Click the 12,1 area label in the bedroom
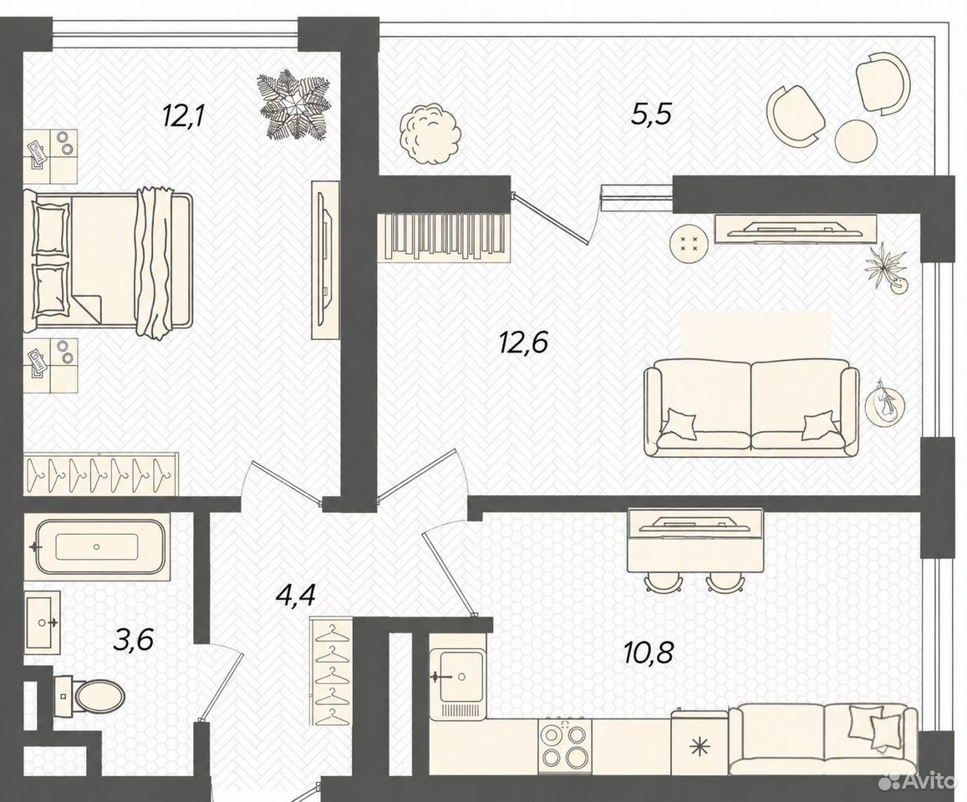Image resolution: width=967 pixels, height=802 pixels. click(x=182, y=115)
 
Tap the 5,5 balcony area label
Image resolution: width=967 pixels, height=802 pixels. click(x=650, y=114)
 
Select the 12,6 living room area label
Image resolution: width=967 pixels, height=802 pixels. click(x=523, y=343)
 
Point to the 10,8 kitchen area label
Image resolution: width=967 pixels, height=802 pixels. click(x=648, y=652)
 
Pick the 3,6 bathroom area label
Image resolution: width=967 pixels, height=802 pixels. click(x=133, y=641)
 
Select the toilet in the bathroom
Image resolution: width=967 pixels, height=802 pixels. click(x=89, y=698)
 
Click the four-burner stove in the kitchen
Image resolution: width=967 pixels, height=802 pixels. click(x=564, y=747)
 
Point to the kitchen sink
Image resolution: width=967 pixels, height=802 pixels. click(x=457, y=676)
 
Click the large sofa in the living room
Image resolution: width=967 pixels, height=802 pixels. click(x=751, y=408)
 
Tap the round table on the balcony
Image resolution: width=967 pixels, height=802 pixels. click(x=856, y=140)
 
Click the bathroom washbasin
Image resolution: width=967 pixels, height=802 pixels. click(x=43, y=622)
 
